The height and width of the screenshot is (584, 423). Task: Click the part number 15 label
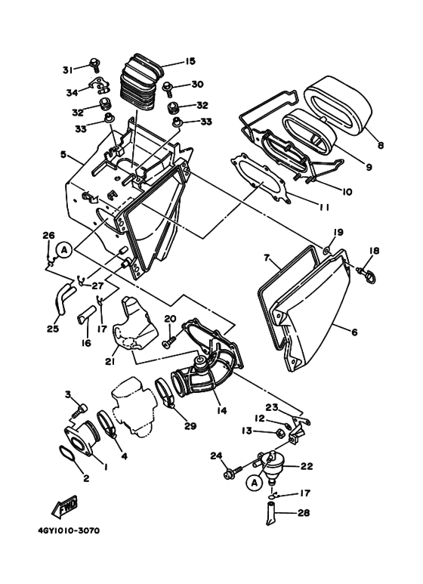190,61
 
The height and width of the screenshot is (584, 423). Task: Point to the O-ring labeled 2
67,456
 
